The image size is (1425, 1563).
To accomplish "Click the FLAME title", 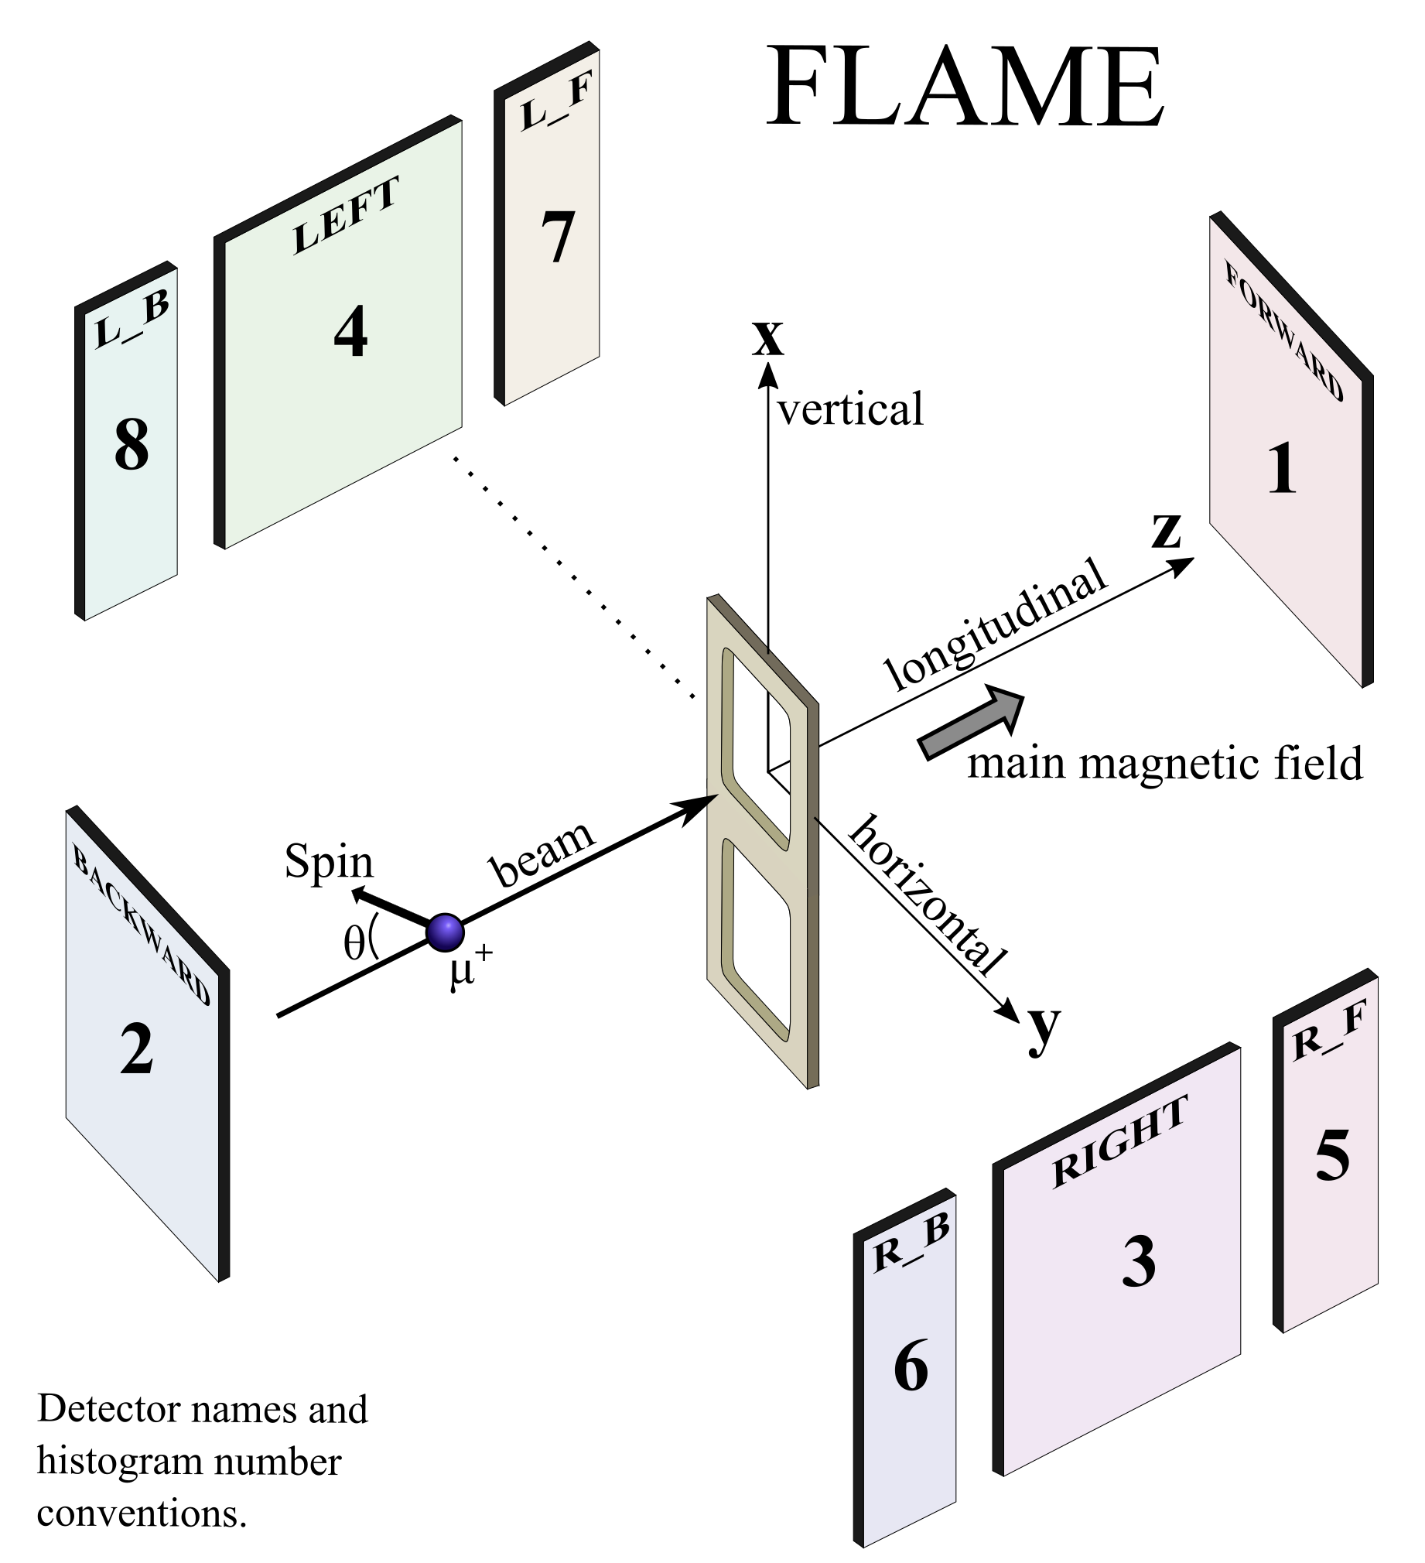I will pyautogui.click(x=965, y=87).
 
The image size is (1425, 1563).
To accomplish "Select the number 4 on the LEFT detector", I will pyautogui.click(x=350, y=332).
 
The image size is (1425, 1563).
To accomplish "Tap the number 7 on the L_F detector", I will pyautogui.click(x=558, y=237).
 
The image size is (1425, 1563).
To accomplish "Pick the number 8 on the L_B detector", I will pyautogui.click(x=131, y=444).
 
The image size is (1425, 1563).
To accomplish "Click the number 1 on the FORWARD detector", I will pyautogui.click(x=1282, y=468).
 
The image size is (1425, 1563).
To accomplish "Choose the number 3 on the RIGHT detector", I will pyautogui.click(x=1138, y=1261).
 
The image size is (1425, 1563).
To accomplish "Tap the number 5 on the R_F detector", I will pyautogui.click(x=1332, y=1155).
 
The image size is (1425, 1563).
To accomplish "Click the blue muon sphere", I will pyautogui.click(x=446, y=932).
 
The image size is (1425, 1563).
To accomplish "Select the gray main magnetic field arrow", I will pyautogui.click(x=972, y=720).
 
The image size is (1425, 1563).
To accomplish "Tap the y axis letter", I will pyautogui.click(x=1044, y=1029).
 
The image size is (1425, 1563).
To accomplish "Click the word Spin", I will pyautogui.click(x=329, y=861).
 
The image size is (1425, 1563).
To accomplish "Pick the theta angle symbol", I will pyautogui.click(x=354, y=944).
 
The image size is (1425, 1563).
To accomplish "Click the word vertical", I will pyautogui.click(x=850, y=410).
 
